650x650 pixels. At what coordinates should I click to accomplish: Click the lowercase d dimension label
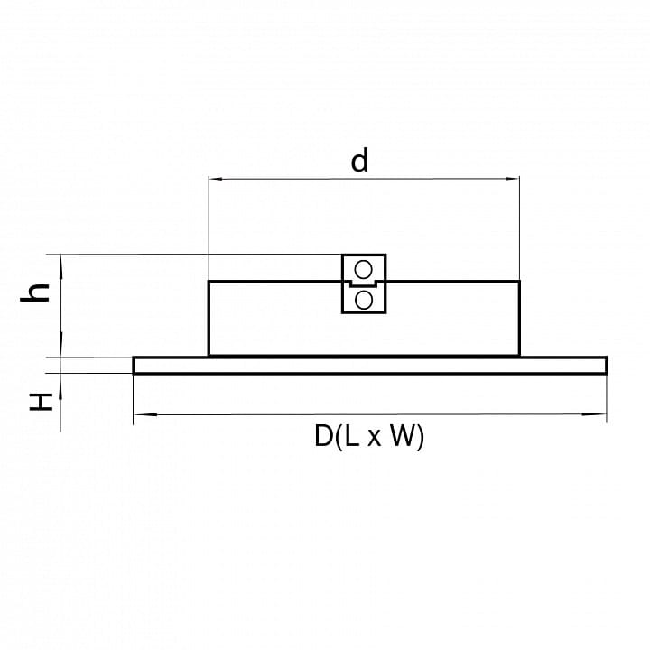coord(359,161)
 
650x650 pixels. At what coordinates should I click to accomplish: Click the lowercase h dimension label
coord(35,292)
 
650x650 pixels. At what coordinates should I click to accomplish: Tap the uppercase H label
coord(41,401)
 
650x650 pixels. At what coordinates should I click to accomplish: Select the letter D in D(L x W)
coord(323,436)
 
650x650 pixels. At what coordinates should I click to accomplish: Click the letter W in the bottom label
coord(402,436)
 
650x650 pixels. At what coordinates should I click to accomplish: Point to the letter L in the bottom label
coord(351,436)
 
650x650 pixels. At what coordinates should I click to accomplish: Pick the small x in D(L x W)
coord(374,439)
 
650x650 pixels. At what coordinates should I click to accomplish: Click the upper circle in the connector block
coord(364,270)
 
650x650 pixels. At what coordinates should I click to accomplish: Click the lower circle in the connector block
coord(364,300)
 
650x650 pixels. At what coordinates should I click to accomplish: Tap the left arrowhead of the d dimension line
coord(216,179)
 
